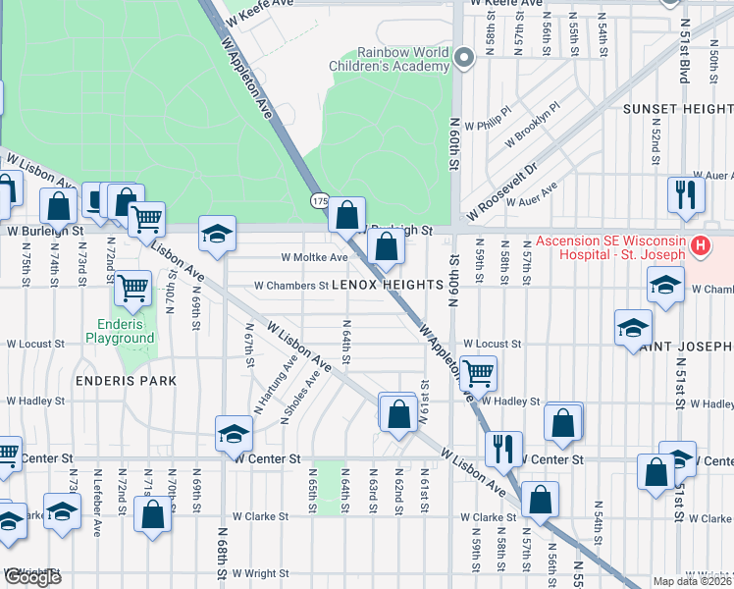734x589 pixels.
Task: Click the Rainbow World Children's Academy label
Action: pos(388,59)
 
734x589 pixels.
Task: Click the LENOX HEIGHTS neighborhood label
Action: pos(389,285)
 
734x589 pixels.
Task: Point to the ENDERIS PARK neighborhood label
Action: pos(130,380)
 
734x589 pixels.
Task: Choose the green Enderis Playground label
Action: pos(126,332)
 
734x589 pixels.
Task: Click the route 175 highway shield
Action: pos(320,200)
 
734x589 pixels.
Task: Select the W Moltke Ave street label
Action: pos(314,258)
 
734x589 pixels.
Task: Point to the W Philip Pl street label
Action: pos(491,120)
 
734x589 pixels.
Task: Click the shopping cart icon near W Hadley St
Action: pos(478,371)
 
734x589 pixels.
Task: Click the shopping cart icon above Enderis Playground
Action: pos(132,288)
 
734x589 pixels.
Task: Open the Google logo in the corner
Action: pos(32,576)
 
